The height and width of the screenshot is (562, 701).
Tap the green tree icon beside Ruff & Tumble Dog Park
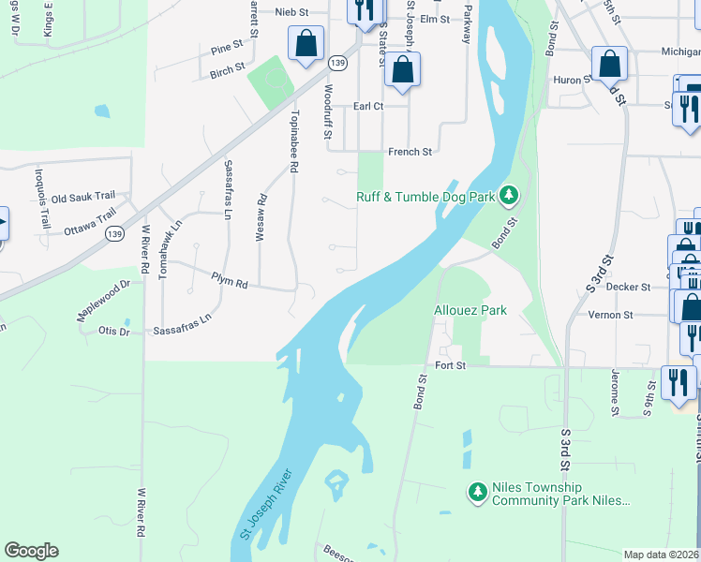click(x=509, y=195)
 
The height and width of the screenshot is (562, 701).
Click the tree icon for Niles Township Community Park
click(x=478, y=491)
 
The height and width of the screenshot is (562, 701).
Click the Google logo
click(x=31, y=551)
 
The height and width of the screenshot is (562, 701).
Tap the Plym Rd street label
click(x=229, y=282)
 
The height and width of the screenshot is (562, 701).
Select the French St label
click(x=410, y=151)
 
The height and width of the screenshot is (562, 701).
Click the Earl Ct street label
click(x=368, y=107)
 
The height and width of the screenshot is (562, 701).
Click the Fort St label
click(x=450, y=364)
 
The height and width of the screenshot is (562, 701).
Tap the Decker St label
click(x=628, y=287)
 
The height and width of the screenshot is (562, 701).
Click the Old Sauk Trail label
click(x=82, y=198)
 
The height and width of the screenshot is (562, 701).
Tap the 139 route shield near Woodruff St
click(x=338, y=63)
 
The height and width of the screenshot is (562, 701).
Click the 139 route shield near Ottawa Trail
click(x=114, y=232)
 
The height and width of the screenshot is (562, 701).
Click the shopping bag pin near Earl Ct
click(x=402, y=70)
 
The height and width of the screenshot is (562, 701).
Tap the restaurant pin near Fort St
click(x=678, y=382)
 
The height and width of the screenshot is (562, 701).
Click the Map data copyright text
click(x=661, y=555)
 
